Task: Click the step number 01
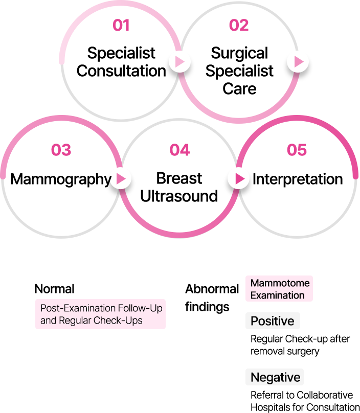[x=121, y=26]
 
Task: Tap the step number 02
[x=239, y=26]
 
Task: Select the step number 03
[x=61, y=150]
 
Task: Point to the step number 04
[x=179, y=150]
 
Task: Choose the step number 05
[x=297, y=150]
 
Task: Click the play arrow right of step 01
[x=180, y=62]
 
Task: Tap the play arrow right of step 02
[x=298, y=62]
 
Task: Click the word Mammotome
[x=280, y=283]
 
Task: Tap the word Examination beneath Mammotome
[x=277, y=295]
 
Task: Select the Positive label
[x=272, y=321]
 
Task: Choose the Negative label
[x=275, y=377]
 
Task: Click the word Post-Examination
[x=78, y=309]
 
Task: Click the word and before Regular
[x=48, y=321]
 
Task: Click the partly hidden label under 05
[x=297, y=179]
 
